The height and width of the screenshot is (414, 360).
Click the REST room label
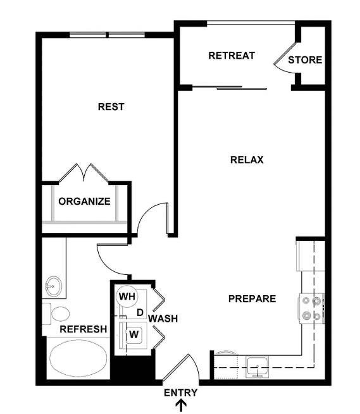111,107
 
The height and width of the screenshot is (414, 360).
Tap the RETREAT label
232,56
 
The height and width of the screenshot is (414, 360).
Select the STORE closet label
305,60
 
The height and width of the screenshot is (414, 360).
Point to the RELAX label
247,160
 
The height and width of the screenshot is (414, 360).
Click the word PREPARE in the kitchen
252,299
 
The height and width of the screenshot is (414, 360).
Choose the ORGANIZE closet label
84,202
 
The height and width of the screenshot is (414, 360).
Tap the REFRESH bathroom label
84,329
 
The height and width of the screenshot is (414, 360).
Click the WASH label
163,319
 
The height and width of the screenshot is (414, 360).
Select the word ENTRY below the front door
180,393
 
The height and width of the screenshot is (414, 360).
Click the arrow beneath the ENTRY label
182,406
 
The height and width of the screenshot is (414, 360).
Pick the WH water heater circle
127,296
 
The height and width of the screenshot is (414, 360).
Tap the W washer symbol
134,335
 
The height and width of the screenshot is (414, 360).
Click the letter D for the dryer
140,313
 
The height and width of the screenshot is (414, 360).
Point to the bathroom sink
54,286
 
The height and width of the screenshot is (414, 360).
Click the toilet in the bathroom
56,314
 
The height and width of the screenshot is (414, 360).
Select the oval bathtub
78,358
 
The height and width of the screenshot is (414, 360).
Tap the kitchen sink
258,367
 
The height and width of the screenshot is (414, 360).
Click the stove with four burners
311,308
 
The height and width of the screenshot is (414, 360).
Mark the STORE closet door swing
285,59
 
